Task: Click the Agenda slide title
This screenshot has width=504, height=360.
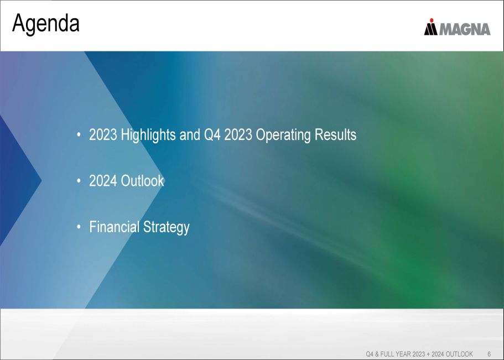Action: pos(46,23)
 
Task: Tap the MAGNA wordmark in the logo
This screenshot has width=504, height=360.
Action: pos(465,29)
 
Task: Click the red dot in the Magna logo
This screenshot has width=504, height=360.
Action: pos(432,20)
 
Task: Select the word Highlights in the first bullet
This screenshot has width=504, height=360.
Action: pos(148,135)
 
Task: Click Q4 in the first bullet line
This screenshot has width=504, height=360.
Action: pos(212,135)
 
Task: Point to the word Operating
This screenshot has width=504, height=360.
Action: pos(283,135)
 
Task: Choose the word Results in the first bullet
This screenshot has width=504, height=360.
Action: pos(335,134)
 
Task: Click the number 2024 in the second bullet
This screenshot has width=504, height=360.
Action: pos(103,181)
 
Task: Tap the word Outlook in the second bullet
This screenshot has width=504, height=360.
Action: pos(142,181)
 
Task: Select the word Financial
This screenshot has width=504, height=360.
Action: pos(114,227)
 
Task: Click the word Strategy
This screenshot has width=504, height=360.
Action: pos(166,227)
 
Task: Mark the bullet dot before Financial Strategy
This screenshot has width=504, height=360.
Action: pos(79,227)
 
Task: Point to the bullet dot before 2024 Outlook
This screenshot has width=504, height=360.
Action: pos(79,181)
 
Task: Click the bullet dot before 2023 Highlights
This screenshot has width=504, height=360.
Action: pos(79,135)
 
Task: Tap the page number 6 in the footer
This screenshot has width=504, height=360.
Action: pos(489,354)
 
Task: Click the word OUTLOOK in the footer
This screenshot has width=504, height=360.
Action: pos(459,354)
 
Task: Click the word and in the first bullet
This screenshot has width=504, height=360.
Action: pos(190,135)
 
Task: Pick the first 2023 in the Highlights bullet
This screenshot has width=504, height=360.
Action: pos(103,135)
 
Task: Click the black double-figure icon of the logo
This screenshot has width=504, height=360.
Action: pos(431,29)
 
